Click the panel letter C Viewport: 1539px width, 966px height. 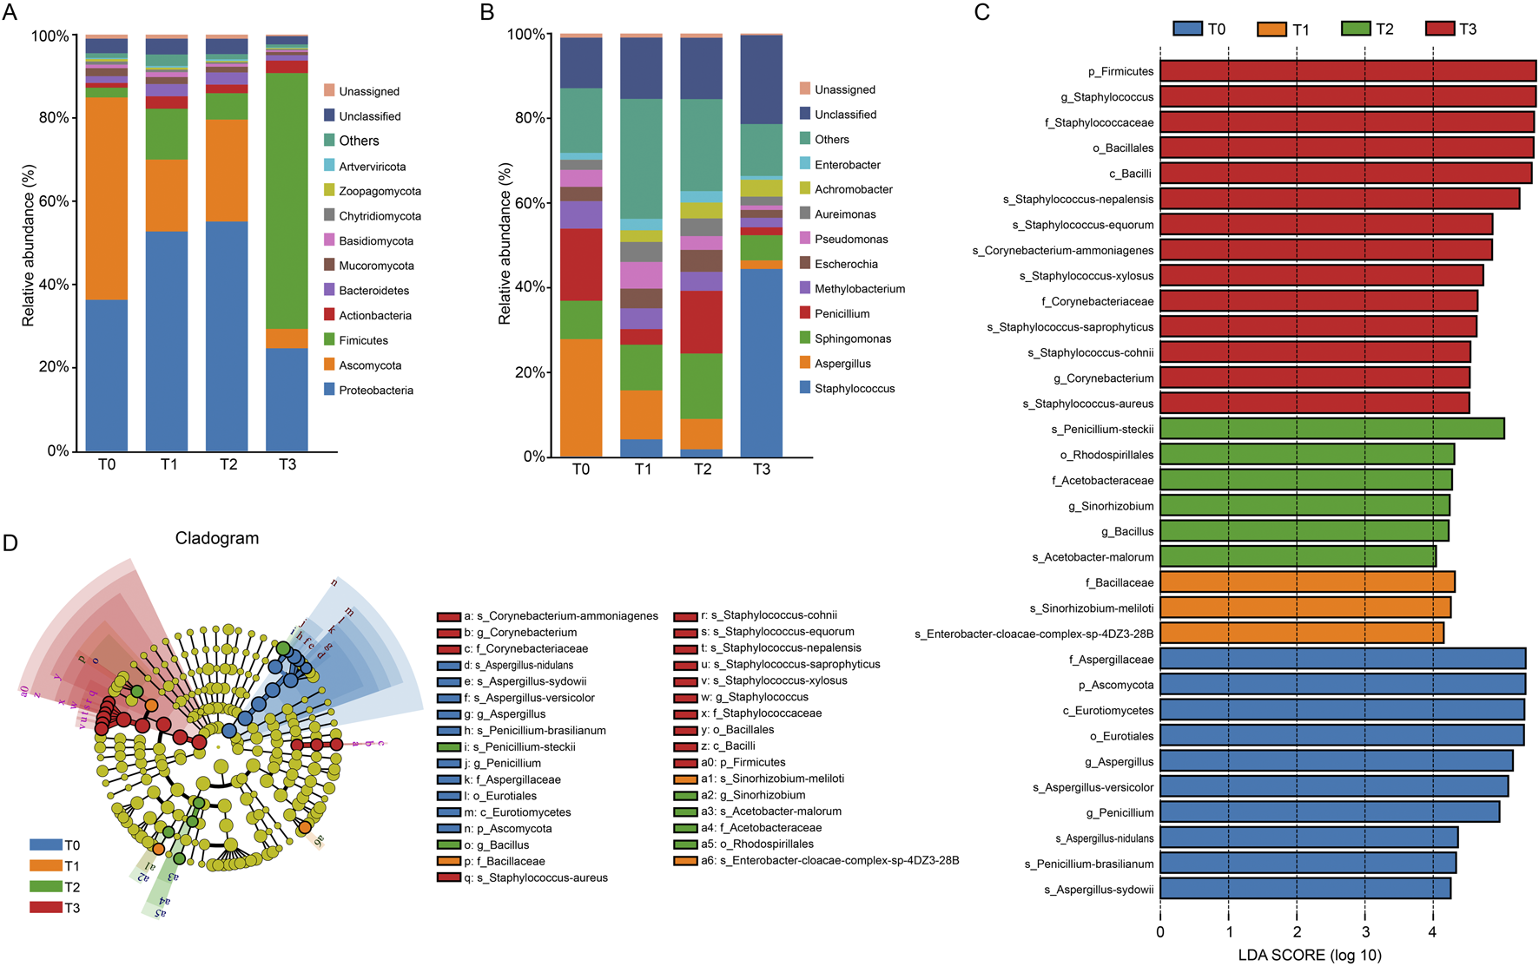point(982,12)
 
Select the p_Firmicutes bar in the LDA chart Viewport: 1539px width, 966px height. point(1347,71)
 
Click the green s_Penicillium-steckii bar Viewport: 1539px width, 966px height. point(1331,429)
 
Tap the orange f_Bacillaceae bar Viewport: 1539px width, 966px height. point(1307,582)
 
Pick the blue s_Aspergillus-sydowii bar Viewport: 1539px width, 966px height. point(1305,889)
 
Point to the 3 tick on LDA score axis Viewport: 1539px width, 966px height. point(1364,932)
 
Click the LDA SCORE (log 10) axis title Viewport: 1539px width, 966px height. point(1309,955)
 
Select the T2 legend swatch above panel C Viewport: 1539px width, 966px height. point(1355,29)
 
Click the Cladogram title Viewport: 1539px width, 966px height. point(217,538)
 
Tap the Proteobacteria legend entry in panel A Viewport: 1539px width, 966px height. point(375,391)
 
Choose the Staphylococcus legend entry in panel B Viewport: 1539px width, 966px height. point(854,389)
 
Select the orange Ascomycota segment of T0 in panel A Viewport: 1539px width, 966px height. point(107,198)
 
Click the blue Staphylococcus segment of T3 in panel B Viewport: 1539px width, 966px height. point(761,362)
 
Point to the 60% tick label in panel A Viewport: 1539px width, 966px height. point(53,201)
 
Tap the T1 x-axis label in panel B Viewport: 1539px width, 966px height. point(642,470)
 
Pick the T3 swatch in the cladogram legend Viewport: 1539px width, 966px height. point(45,908)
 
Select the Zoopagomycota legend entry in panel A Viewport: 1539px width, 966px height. point(380,191)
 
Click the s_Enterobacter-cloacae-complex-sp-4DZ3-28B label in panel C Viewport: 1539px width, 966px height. point(1034,634)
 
